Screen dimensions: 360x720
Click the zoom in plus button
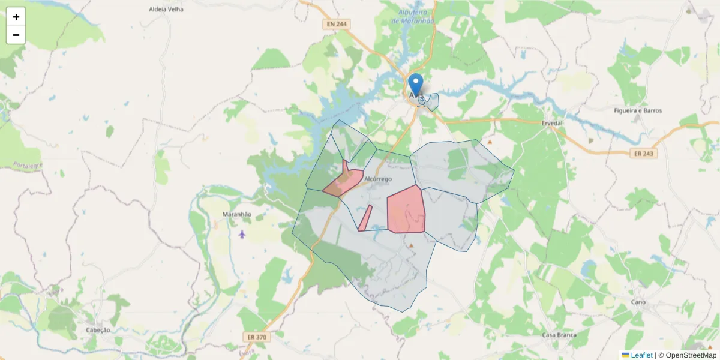(x=16, y=17)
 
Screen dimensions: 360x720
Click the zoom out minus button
(x=16, y=35)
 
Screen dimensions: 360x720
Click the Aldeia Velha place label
(x=166, y=10)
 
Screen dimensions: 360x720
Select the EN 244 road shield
(x=336, y=24)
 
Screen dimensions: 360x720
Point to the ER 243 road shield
(x=644, y=154)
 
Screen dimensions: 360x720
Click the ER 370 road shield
(x=257, y=337)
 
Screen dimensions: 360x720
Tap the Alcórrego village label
(x=378, y=179)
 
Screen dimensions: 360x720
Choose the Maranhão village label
(x=236, y=214)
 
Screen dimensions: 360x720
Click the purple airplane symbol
(x=242, y=233)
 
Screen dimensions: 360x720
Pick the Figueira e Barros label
(x=638, y=110)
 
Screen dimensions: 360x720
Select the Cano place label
(x=638, y=302)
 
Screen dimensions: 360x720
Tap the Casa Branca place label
(x=559, y=335)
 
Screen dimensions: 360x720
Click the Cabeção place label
(x=98, y=330)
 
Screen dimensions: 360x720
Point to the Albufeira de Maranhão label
(x=416, y=16)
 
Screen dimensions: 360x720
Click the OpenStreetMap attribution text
(x=687, y=355)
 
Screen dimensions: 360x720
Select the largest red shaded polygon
(x=406, y=210)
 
